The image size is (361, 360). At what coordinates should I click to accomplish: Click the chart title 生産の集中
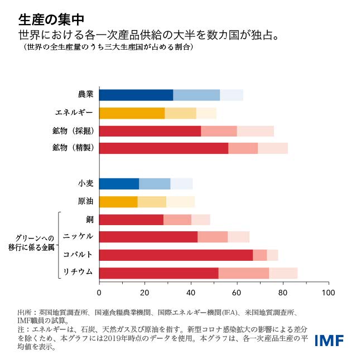click(51, 20)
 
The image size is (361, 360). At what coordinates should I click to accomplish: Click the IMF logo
click(329, 340)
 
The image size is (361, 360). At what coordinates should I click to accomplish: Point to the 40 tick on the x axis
click(191, 293)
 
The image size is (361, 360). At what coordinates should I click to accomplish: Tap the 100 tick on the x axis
click(329, 293)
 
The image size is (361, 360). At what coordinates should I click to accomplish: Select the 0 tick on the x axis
click(99, 293)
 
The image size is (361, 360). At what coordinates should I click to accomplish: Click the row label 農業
click(85, 95)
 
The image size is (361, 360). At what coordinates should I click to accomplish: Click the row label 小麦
click(85, 184)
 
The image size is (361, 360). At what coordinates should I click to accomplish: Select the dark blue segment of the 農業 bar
click(136, 95)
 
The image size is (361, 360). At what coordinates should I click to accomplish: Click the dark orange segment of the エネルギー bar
click(132, 113)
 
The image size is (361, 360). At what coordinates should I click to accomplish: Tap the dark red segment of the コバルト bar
click(176, 255)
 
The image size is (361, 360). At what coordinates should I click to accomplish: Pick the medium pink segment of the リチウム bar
click(243, 273)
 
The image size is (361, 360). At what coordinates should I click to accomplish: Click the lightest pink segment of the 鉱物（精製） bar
click(273, 148)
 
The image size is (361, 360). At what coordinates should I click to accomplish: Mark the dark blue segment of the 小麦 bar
click(119, 184)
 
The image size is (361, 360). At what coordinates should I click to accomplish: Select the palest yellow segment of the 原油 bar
click(180, 202)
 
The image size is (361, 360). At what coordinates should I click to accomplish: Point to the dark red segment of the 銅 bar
click(131, 220)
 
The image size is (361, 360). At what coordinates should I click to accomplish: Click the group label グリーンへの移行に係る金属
click(31, 242)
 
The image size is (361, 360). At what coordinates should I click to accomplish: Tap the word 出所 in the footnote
click(24, 313)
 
